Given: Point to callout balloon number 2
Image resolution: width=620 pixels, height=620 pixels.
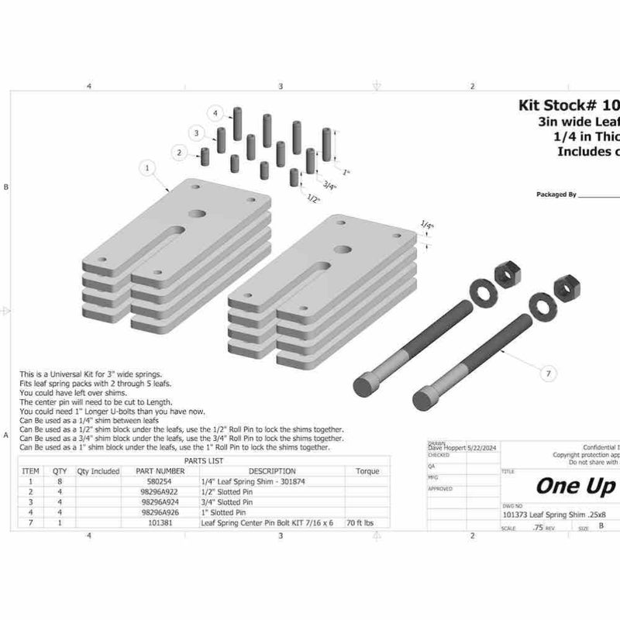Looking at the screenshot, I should tap(180, 153).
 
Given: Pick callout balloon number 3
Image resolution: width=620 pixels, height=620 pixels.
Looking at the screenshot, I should tap(198, 133).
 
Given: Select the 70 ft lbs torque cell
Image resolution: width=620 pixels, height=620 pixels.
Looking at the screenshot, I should tap(361, 523).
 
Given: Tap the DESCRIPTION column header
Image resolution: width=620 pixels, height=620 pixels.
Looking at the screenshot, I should tap(271, 470).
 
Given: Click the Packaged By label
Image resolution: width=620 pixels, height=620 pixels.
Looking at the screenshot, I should tap(556, 195).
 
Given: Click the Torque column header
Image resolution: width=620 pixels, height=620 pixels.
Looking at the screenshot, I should tap(367, 470).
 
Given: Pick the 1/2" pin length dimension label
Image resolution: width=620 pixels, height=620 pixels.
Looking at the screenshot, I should tap(314, 200).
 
